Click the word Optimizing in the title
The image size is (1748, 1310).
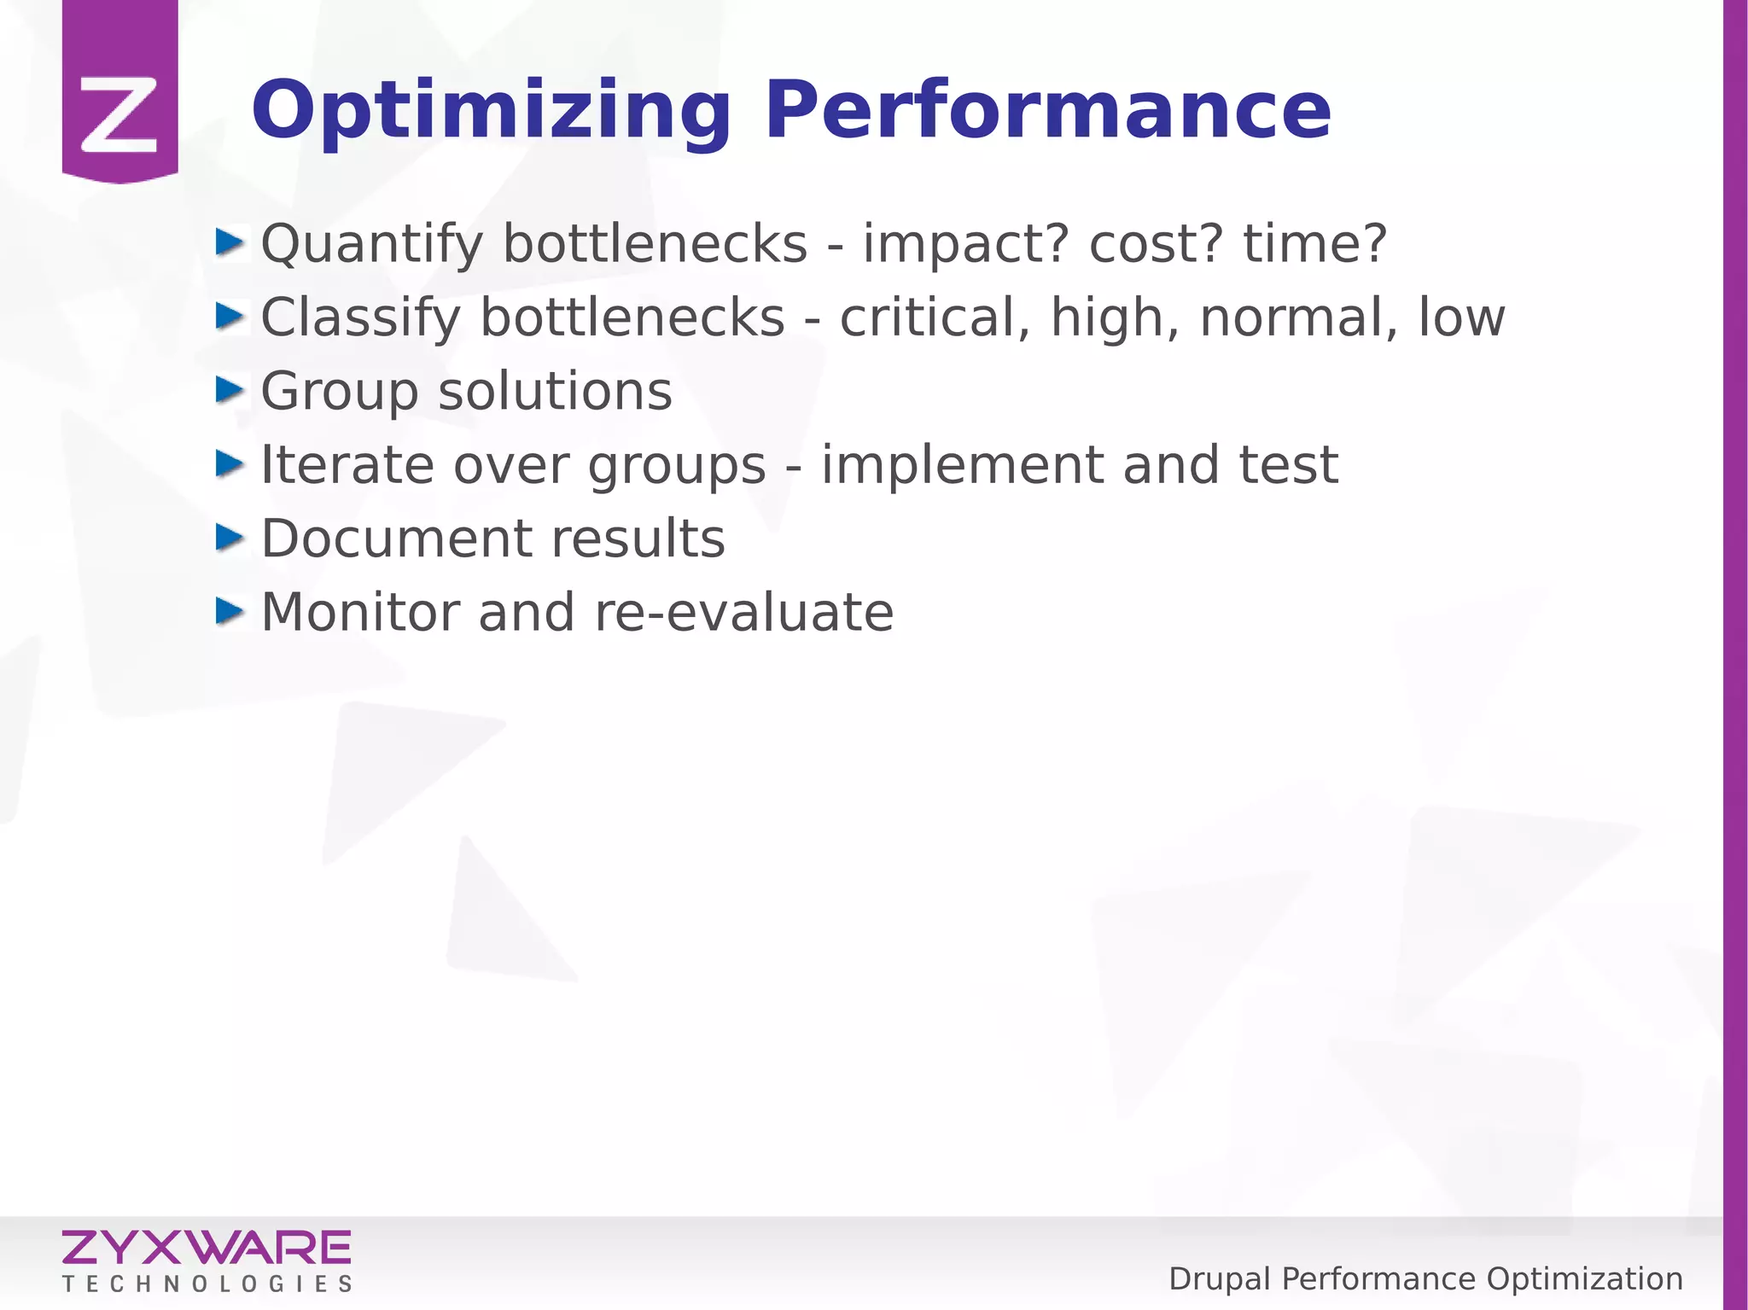point(491,111)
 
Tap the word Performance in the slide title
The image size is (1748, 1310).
point(1047,111)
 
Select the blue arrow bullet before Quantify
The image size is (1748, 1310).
point(230,243)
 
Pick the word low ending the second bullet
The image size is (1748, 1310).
point(1461,318)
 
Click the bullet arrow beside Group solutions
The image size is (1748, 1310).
point(230,391)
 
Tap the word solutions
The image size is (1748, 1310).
point(555,392)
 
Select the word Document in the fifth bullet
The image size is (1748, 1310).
point(397,539)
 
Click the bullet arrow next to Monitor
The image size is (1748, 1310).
point(230,612)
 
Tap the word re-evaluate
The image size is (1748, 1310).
point(743,613)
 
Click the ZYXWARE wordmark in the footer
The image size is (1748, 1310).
point(206,1249)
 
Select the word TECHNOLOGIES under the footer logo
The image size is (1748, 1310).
point(207,1284)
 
